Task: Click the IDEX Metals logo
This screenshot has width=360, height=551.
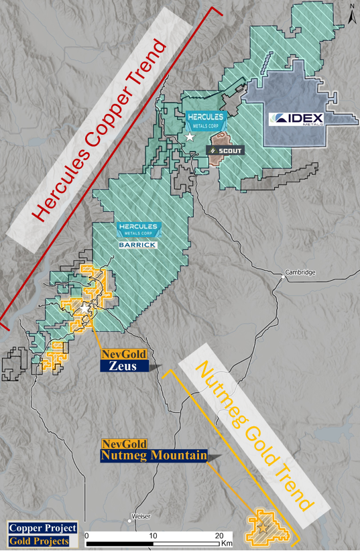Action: [x=296, y=119]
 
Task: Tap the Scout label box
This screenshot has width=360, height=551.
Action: [x=224, y=151]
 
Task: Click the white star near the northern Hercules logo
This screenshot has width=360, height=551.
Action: [x=190, y=137]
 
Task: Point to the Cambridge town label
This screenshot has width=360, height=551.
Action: [x=299, y=272]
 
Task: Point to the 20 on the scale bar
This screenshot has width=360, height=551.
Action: [x=219, y=536]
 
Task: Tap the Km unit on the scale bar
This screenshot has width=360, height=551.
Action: [x=227, y=542]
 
